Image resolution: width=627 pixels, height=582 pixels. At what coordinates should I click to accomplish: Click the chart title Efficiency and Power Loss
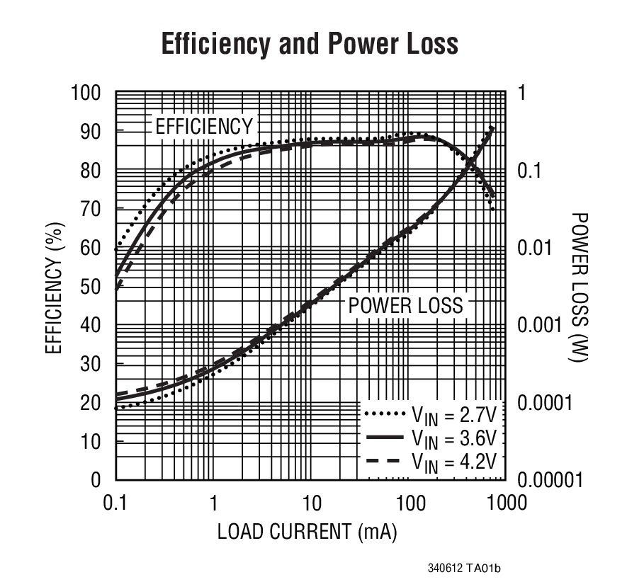(310, 44)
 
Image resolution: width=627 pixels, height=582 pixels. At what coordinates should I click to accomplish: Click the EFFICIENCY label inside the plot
(203, 127)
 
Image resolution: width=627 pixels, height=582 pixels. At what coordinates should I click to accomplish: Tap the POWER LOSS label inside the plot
(405, 305)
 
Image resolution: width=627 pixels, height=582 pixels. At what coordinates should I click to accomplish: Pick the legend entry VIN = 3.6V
(433, 438)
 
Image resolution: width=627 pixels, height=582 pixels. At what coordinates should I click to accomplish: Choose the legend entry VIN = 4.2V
(433, 461)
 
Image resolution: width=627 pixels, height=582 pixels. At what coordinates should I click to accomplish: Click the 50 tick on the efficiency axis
(91, 287)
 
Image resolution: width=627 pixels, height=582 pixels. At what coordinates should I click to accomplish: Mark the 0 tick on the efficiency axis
(96, 481)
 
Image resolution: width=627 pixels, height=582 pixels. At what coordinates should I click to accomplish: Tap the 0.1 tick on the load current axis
(115, 503)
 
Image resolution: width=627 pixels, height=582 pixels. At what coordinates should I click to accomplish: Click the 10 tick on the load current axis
(311, 503)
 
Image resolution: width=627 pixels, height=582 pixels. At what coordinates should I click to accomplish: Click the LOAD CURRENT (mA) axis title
(307, 532)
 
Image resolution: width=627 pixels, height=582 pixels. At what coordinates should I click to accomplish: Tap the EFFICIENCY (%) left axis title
(54, 287)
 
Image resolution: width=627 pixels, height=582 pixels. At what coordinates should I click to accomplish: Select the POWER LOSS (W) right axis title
(579, 287)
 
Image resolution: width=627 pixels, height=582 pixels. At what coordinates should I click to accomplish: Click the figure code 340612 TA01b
(468, 569)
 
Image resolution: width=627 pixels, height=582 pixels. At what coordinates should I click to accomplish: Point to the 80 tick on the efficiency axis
(91, 171)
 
